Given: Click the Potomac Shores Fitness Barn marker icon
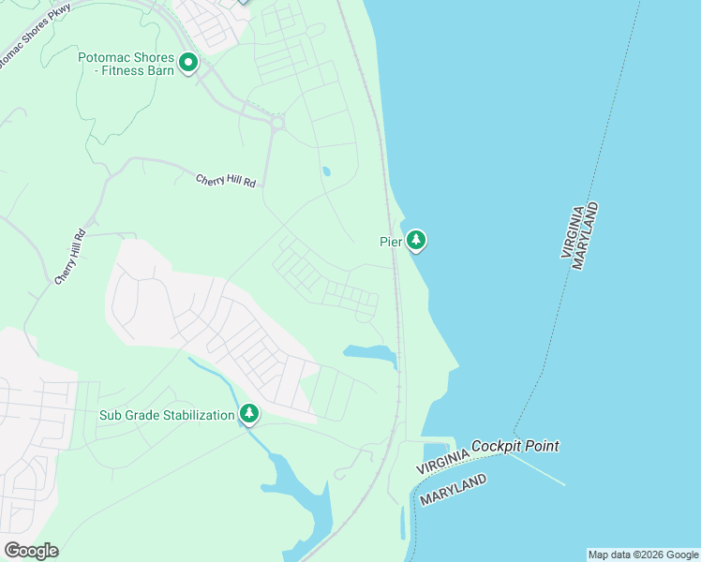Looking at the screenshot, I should click(x=188, y=64).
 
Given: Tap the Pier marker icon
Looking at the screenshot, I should click(x=416, y=241).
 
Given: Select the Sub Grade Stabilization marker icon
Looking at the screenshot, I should click(x=249, y=413).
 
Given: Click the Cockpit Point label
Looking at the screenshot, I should click(x=515, y=447).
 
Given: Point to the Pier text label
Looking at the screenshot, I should click(x=390, y=242).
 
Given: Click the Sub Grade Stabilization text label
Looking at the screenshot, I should click(x=167, y=415).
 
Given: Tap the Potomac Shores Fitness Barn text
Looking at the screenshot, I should click(x=126, y=64).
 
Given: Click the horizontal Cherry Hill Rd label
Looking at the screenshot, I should click(x=225, y=181).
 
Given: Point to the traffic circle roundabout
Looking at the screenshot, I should click(x=276, y=122).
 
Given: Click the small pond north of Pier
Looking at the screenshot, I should click(x=326, y=172).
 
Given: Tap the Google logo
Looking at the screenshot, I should click(x=31, y=550).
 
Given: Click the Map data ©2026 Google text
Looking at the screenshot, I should click(x=643, y=555).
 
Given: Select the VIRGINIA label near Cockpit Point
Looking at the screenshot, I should click(x=442, y=459).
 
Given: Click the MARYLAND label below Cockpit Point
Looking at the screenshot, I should click(x=453, y=490).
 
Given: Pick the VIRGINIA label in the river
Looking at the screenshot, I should click(x=573, y=230).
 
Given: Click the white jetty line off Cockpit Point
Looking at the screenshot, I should click(x=544, y=472).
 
